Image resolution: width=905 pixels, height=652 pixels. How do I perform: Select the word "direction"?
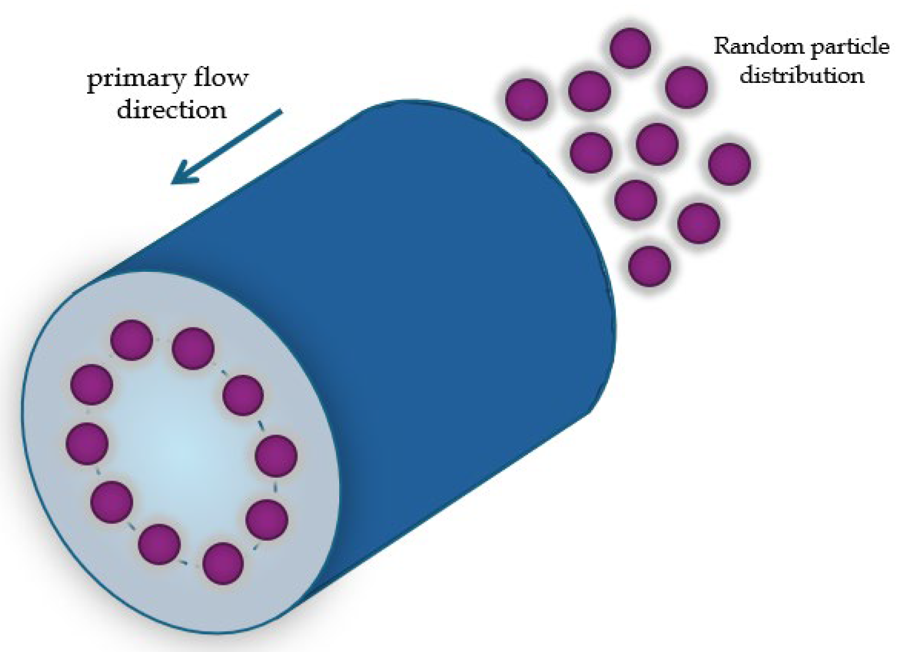[x=171, y=110]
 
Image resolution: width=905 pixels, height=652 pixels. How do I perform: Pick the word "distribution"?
[x=801, y=76]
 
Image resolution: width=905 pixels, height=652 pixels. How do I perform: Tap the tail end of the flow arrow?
[x=280, y=112]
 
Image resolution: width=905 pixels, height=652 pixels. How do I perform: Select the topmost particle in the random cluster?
[x=630, y=47]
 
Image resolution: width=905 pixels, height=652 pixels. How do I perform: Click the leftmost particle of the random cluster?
[x=526, y=99]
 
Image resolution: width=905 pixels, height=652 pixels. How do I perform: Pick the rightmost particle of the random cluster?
[x=729, y=163]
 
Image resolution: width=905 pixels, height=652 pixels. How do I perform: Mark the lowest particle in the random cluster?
[x=650, y=265]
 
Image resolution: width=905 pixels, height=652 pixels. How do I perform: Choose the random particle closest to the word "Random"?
[x=686, y=87]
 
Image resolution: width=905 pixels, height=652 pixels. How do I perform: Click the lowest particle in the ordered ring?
[x=223, y=563]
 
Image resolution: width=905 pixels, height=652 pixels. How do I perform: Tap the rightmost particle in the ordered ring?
[x=276, y=455]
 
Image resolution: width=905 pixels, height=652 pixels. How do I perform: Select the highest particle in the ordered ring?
[x=131, y=340]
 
